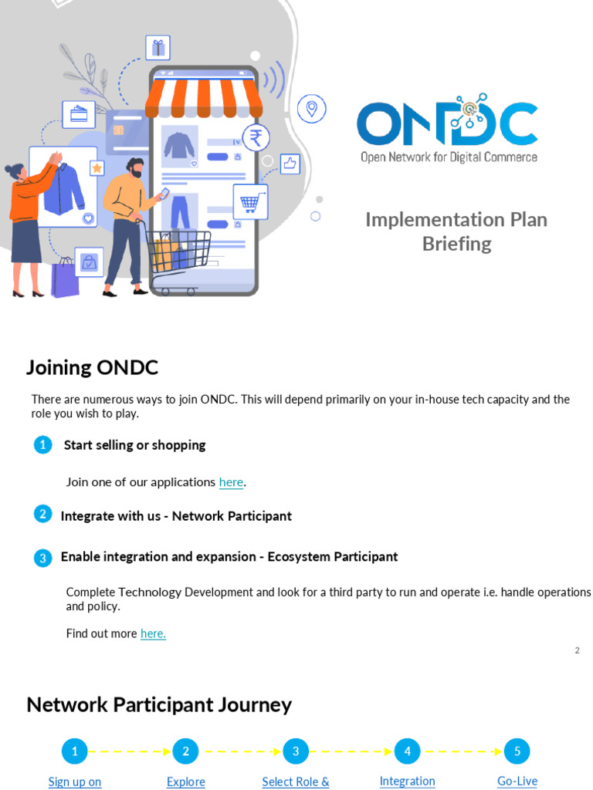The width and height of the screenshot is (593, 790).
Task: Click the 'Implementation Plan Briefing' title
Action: point(456,231)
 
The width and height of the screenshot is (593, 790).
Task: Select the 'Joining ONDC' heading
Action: point(92,367)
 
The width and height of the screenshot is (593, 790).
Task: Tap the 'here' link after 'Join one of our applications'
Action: point(231,482)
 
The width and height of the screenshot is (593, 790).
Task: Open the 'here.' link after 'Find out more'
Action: point(153,633)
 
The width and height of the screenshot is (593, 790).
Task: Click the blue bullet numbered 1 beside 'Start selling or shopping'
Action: point(43,445)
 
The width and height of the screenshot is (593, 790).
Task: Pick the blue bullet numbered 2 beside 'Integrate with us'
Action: point(43,515)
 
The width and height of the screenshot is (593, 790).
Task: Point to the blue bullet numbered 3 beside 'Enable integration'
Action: point(43,558)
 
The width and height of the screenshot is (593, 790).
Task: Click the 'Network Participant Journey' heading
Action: point(159,704)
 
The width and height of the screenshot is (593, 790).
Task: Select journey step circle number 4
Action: point(407,751)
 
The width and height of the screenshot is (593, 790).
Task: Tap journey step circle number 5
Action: point(517,751)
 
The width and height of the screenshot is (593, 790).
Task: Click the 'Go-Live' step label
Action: point(517,781)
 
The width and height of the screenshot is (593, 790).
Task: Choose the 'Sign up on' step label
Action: point(75,782)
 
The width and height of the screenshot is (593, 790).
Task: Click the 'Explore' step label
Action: point(186,782)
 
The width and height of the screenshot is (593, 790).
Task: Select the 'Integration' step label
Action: point(407,781)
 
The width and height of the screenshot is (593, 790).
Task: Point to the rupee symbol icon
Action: point(256,138)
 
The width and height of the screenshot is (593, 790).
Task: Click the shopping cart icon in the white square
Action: point(249,202)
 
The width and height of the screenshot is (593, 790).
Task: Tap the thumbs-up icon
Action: point(290,164)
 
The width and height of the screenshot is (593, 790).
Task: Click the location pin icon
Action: point(311,109)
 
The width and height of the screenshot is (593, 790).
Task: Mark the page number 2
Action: point(577,650)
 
